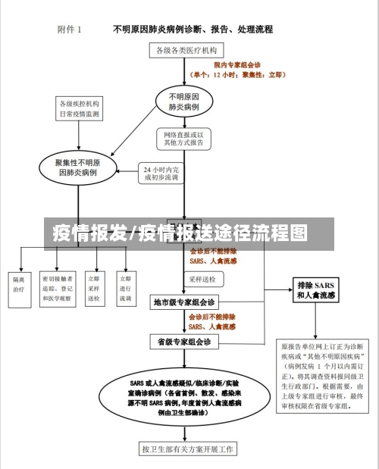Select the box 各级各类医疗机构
(186, 50)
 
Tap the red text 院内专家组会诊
(236, 66)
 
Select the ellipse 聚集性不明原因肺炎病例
(77, 168)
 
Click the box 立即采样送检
(94, 289)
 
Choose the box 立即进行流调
(126, 289)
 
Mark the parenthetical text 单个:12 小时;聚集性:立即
(238, 75)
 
